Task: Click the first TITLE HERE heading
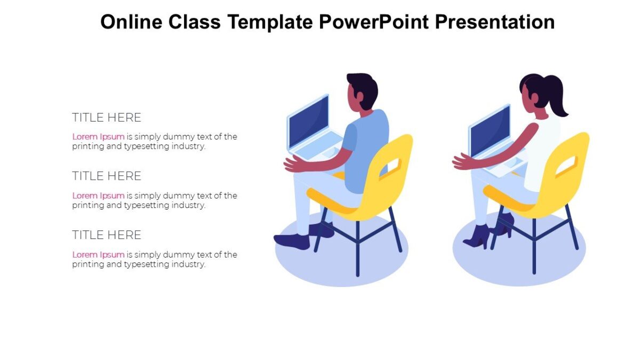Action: point(107,117)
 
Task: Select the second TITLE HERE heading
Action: point(107,176)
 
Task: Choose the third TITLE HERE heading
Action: point(107,235)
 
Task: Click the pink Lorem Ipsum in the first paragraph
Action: point(98,137)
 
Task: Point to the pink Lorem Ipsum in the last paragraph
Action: point(98,254)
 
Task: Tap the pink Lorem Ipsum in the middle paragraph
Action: point(98,196)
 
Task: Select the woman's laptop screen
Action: point(490,130)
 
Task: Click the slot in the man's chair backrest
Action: point(390,167)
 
